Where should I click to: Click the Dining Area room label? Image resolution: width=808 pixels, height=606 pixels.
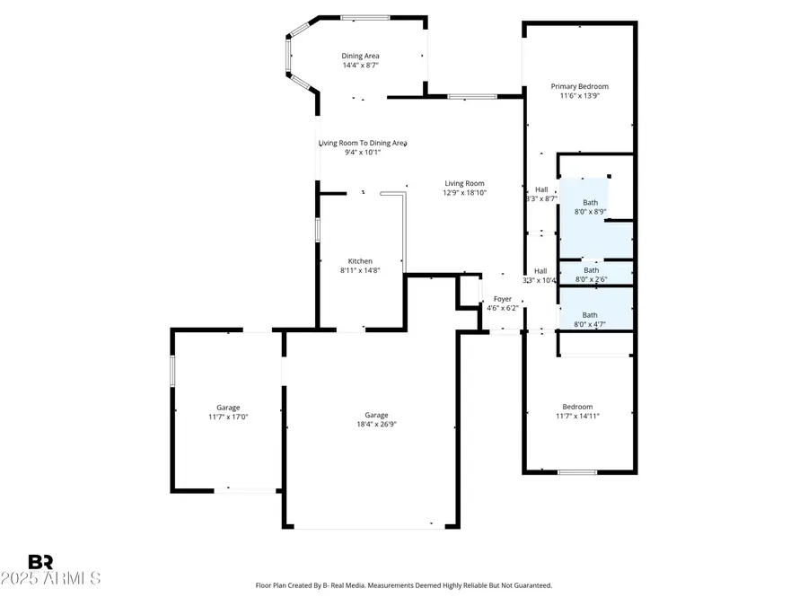tap(360, 56)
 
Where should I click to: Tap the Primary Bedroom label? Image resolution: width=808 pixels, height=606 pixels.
tap(579, 86)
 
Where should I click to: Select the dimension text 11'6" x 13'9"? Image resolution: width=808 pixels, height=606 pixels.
tap(579, 96)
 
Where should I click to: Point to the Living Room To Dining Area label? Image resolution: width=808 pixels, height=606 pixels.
tap(363, 143)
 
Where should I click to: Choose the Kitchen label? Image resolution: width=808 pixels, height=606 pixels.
tap(360, 261)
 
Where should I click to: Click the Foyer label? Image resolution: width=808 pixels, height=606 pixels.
tap(503, 299)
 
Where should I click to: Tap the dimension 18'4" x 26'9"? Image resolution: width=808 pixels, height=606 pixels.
tap(376, 425)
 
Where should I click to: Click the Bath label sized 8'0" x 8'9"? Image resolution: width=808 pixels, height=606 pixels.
tap(590, 203)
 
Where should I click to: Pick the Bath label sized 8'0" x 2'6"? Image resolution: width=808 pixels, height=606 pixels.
tap(591, 269)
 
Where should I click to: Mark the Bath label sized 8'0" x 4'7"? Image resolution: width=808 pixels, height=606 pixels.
tap(590, 315)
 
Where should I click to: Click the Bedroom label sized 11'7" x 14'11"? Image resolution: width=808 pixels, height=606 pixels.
tap(577, 407)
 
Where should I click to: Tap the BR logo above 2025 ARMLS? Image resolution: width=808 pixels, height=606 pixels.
tap(41, 562)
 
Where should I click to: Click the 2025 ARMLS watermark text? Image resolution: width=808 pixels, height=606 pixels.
tap(51, 578)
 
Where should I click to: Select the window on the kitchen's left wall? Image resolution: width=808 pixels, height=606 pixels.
tap(318, 229)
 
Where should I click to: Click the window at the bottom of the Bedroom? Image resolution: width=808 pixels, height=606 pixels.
tap(577, 472)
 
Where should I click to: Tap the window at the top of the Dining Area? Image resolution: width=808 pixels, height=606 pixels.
tap(364, 16)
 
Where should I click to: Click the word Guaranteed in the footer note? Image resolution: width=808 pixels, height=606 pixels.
tap(529, 585)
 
